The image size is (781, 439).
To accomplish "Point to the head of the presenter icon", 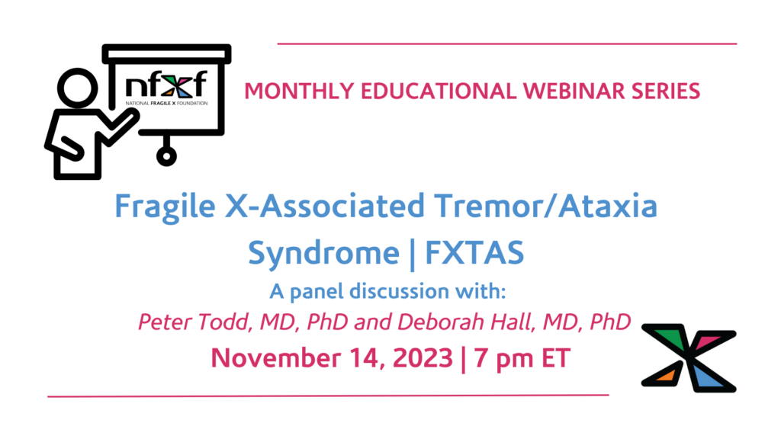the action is coord(78,88).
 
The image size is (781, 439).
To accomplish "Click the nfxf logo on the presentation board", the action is coord(166,88).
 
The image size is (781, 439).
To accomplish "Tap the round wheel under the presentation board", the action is coord(166,156).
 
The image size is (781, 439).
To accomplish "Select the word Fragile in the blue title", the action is coord(165,207).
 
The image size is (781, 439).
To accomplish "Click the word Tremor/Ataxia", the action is coord(545,206).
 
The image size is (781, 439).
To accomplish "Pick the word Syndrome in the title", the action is coord(323,253).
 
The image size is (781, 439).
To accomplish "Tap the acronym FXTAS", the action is coord(474,252).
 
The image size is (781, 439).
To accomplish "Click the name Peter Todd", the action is coord(191,322).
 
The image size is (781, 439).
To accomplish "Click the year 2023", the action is coord(423,358).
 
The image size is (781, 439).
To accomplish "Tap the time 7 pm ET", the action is coord(522,358).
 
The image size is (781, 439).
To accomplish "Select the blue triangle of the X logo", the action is coord(705,377).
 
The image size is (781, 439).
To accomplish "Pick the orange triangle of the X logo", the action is coord(667,374).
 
